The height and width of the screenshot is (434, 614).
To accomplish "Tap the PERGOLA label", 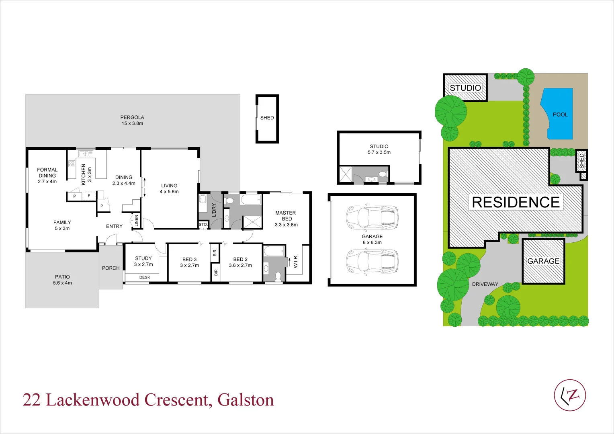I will [x=132, y=117].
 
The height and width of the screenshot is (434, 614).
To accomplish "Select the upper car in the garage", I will [x=372, y=217].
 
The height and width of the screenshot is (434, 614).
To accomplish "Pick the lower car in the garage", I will [x=372, y=262].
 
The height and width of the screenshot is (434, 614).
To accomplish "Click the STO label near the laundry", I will [x=203, y=225].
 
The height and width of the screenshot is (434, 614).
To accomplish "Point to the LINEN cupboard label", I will [x=137, y=221].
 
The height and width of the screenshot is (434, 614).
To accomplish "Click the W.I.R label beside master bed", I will [x=296, y=262].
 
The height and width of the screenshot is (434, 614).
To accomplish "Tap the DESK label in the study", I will [x=145, y=277].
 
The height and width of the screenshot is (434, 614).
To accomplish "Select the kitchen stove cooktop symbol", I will [x=72, y=164].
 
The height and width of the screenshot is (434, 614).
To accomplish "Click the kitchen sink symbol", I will [x=86, y=154].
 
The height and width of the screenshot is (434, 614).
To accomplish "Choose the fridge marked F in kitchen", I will [x=89, y=196].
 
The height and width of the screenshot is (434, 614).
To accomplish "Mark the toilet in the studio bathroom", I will [x=383, y=174].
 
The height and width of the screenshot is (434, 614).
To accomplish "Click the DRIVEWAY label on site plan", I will [x=485, y=284].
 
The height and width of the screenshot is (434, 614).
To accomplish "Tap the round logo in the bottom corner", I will [x=570, y=395].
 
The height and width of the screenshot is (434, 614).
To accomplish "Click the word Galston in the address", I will [x=246, y=400].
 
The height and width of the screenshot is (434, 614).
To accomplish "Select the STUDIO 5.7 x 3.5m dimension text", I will [x=379, y=152].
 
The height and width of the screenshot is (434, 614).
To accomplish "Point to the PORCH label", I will [x=111, y=268].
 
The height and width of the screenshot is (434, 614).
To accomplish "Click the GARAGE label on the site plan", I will [x=543, y=261].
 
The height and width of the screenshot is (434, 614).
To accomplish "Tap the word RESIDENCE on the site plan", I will [x=516, y=202].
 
